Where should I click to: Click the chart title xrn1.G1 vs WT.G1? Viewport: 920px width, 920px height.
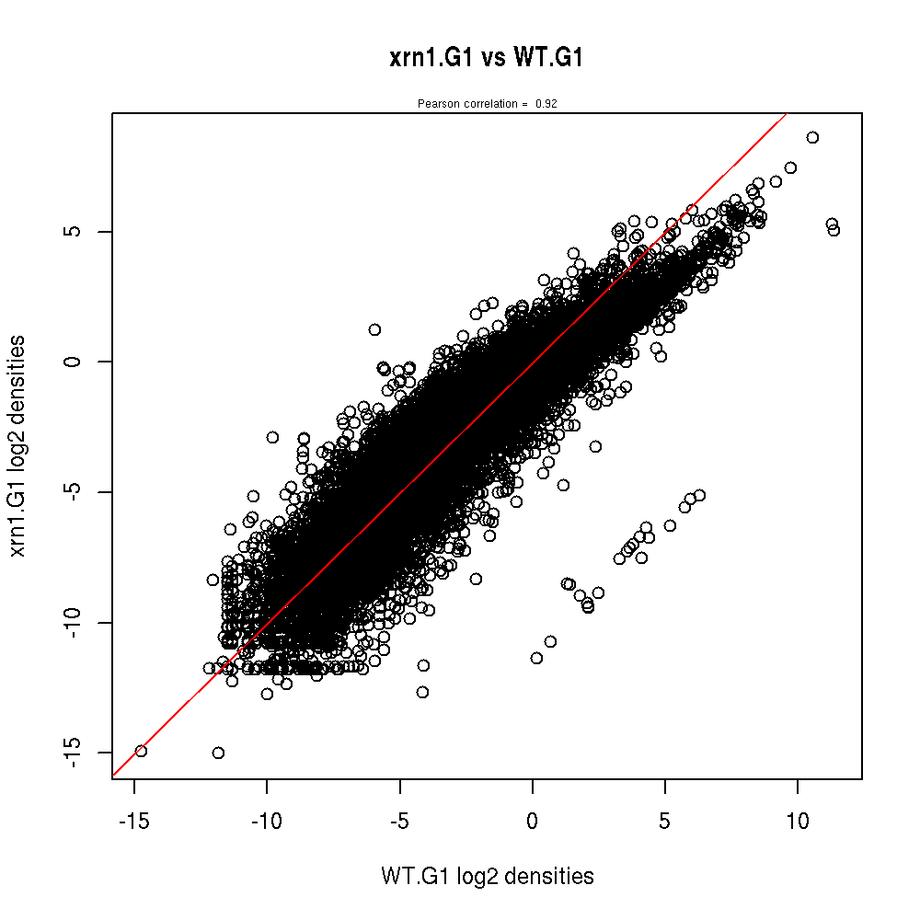tap(487, 59)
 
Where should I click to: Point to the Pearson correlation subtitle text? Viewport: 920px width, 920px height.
tap(487, 104)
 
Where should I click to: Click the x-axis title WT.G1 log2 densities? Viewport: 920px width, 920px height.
tap(487, 877)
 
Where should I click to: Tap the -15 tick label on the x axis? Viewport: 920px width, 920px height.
tap(134, 820)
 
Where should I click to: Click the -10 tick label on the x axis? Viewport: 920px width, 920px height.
tap(267, 820)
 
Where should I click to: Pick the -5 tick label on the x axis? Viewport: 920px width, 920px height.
tap(399, 820)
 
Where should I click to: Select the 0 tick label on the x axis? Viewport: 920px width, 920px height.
tap(533, 820)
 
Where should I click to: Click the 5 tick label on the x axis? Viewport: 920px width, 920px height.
tap(665, 820)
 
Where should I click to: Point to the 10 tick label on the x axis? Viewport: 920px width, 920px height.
tap(798, 820)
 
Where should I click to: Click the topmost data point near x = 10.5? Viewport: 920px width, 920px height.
tap(812, 137)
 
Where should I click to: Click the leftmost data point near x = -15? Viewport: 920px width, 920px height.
tap(141, 751)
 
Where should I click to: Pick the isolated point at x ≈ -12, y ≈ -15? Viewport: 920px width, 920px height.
tap(218, 753)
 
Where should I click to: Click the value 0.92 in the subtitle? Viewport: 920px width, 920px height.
tap(546, 104)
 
